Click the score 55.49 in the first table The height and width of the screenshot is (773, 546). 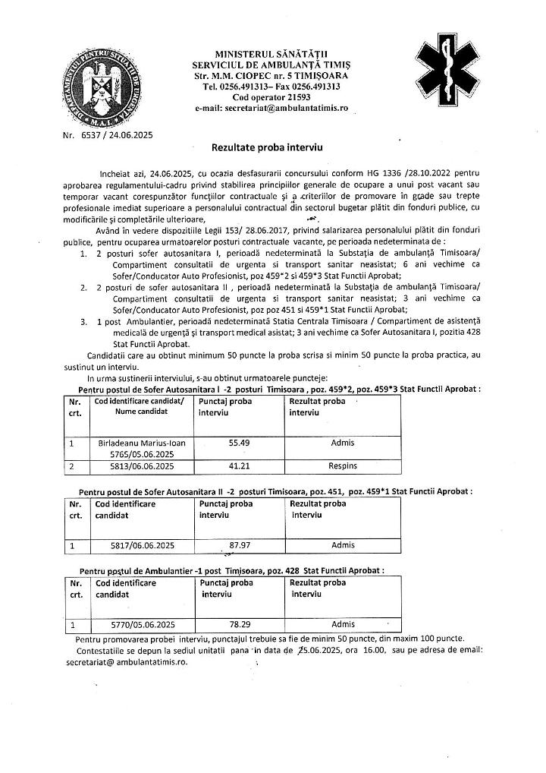[x=239, y=441]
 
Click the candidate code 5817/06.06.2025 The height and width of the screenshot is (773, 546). [x=137, y=544]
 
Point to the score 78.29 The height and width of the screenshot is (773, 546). [x=239, y=624]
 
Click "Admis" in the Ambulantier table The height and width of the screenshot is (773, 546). [x=343, y=624]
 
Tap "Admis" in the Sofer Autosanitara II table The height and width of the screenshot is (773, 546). [x=343, y=544]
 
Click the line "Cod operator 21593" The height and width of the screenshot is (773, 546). [x=271, y=98]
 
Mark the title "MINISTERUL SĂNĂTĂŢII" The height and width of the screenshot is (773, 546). [x=271, y=55]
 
